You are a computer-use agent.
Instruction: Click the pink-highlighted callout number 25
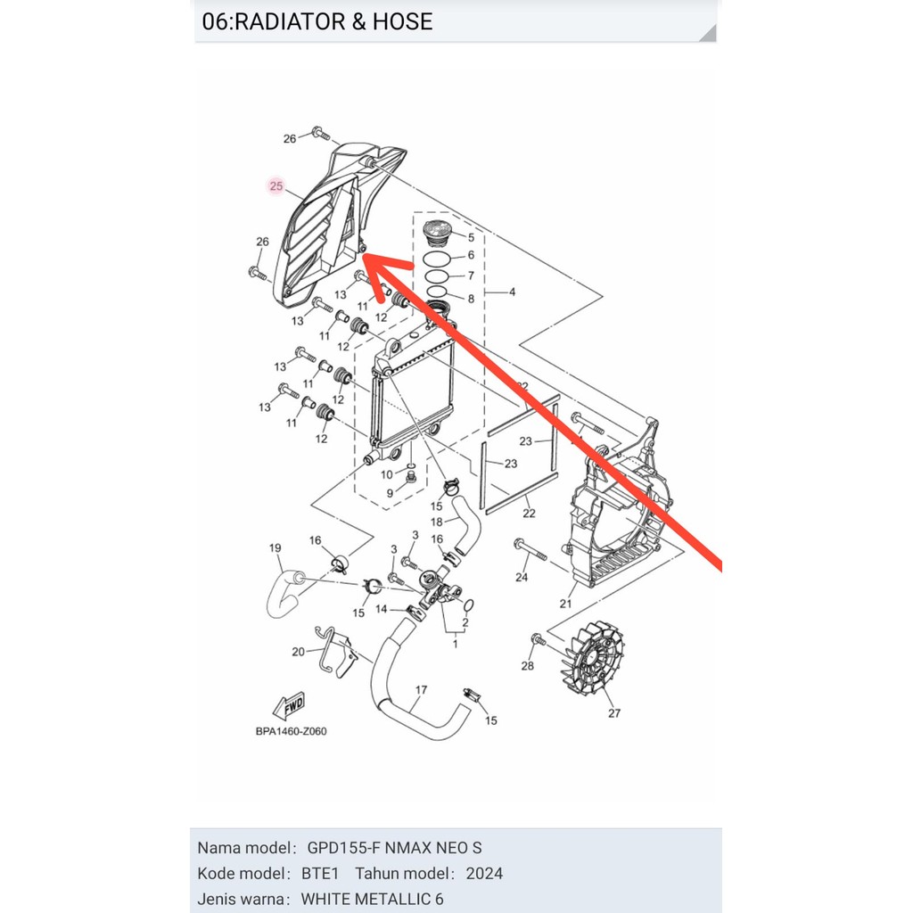[x=276, y=186]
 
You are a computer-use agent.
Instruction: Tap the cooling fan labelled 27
[x=588, y=659]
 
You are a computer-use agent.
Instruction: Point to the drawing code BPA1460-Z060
[x=291, y=732]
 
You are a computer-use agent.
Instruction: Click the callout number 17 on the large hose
[x=421, y=690]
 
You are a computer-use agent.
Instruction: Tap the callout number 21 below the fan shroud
[x=565, y=604]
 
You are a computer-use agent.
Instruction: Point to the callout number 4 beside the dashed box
[x=513, y=292]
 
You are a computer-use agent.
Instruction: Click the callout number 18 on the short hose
[x=437, y=522]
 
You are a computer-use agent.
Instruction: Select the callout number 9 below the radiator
[x=390, y=493]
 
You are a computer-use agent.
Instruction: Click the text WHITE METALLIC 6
[x=372, y=899]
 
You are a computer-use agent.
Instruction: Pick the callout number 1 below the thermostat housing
[x=456, y=642]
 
